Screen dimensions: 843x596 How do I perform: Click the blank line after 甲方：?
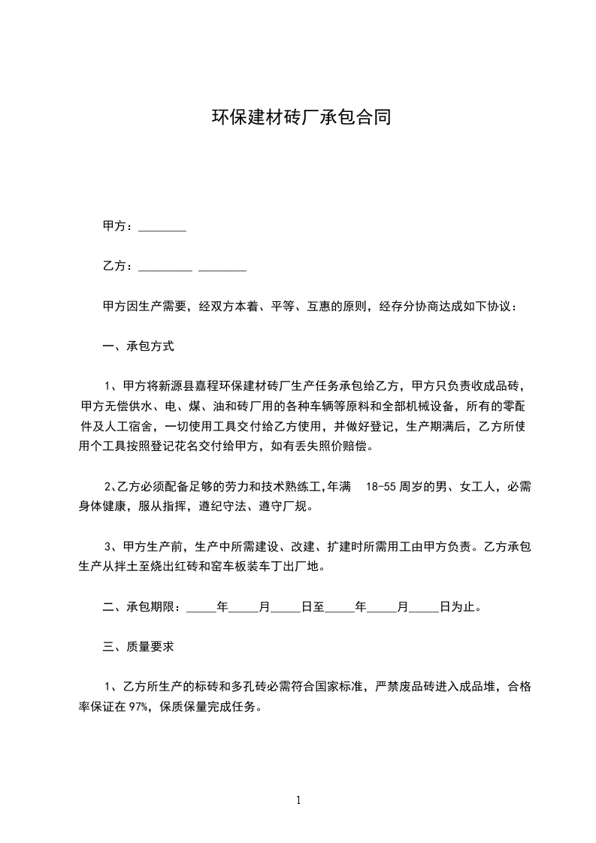162,226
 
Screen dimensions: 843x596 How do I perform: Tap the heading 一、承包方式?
138,347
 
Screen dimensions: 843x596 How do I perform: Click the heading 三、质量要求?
138,646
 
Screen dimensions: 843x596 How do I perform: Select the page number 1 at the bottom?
298,800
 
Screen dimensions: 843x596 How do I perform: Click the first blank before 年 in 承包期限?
201,607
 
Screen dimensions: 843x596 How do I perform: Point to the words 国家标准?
338,686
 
